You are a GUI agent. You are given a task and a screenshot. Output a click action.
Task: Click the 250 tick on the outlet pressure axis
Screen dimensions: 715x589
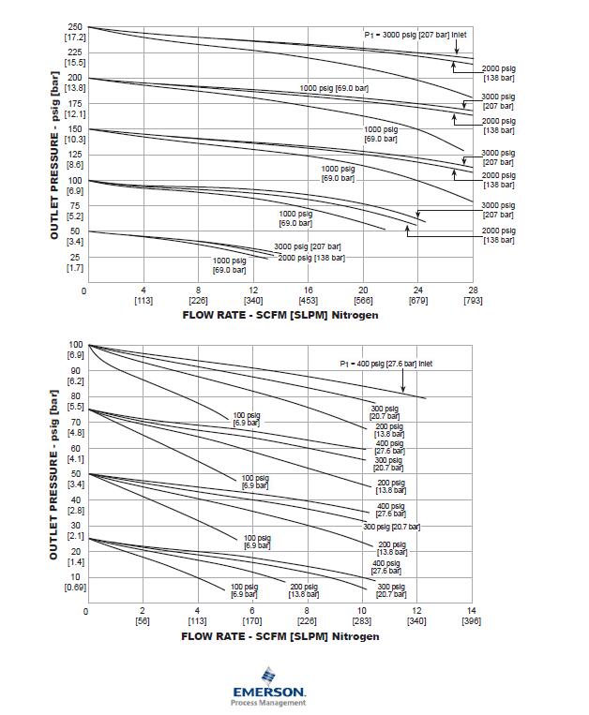tap(75, 27)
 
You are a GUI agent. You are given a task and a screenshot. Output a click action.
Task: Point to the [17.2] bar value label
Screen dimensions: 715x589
tap(75, 37)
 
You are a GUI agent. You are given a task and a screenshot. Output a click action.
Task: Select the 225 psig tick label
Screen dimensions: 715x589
tap(75, 52)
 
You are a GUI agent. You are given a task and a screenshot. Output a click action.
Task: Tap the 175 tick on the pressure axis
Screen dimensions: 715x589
tap(75, 104)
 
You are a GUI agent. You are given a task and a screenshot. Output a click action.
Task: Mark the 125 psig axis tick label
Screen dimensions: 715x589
tap(75, 155)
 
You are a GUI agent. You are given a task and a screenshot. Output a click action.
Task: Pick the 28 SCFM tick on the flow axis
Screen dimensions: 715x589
tap(474, 290)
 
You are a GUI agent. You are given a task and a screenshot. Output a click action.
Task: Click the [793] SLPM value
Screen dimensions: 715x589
tap(474, 301)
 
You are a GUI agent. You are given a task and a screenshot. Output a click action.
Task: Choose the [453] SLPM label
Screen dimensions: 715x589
tap(309, 301)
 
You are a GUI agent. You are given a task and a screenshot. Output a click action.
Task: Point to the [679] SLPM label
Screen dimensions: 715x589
tap(418, 301)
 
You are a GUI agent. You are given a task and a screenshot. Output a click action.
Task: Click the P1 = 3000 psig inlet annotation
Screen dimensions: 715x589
tap(415, 34)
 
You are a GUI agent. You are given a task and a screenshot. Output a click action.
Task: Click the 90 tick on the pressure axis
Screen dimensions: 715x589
tap(77, 371)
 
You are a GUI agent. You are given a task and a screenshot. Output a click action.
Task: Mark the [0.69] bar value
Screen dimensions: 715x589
tap(75, 588)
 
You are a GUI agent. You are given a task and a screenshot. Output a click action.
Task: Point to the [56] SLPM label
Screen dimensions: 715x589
tap(143, 620)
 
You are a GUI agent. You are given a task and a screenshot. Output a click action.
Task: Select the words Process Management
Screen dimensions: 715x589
tap(268, 703)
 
